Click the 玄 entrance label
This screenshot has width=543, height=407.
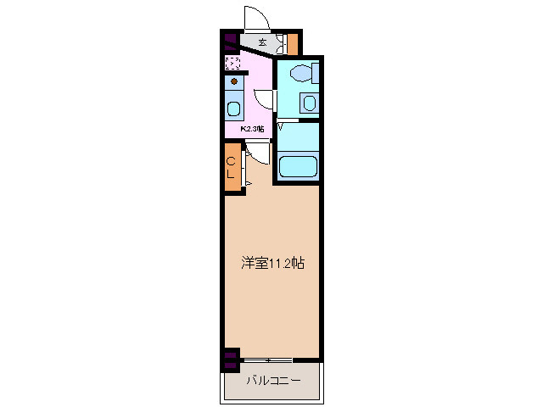tap(262, 42)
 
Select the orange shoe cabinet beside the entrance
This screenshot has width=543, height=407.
tap(293, 42)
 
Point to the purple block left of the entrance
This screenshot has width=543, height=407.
tap(229, 38)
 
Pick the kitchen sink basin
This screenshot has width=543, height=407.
tap(234, 109)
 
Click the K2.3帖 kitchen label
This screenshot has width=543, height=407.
tap(252, 129)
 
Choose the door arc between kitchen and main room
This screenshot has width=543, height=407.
tap(258, 151)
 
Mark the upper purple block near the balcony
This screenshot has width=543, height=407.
tap(229, 354)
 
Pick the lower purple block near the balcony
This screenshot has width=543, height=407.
tap(229, 365)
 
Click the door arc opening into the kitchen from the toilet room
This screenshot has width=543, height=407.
tap(265, 98)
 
